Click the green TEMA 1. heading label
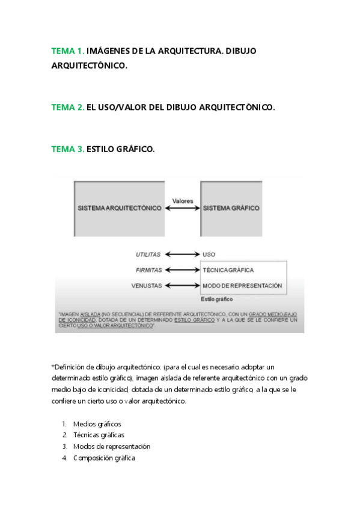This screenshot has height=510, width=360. coord(68,51)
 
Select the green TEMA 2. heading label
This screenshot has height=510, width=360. coord(68,108)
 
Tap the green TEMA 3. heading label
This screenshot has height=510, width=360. coord(68,149)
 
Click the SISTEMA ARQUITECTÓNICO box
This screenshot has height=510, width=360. coord(120,208)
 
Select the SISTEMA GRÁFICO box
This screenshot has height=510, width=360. coord(231,208)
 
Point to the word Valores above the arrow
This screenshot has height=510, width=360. coord(182,200)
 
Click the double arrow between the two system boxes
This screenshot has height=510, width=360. coord(182,208)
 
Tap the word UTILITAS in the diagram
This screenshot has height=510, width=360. coord(148,254)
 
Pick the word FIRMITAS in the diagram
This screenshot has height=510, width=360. coord(148,270)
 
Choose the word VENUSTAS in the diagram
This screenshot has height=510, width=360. coord(147,286)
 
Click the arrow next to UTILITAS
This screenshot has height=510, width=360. coord(182,254)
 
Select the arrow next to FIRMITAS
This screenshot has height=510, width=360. coord(182,270)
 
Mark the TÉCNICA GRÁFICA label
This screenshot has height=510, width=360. coord(228,270)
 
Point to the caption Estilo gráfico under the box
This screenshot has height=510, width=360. coord(216,299)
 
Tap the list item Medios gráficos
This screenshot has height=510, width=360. coord(97,424)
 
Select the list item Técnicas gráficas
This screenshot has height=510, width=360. coord(99,435)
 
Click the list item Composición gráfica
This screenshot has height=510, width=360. coord(104,458)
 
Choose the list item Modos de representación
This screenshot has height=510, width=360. coord(111,446)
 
